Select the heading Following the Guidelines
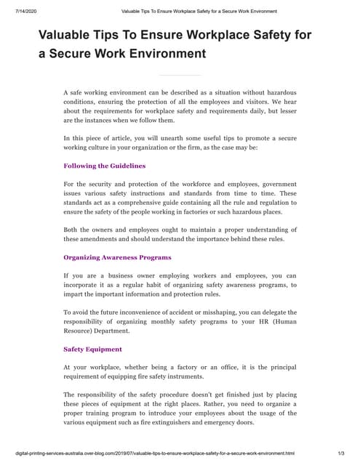tap(105, 166)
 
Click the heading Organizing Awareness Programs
tap(118, 257)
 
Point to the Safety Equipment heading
tap(92, 349)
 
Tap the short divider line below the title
tap(179, 75)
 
